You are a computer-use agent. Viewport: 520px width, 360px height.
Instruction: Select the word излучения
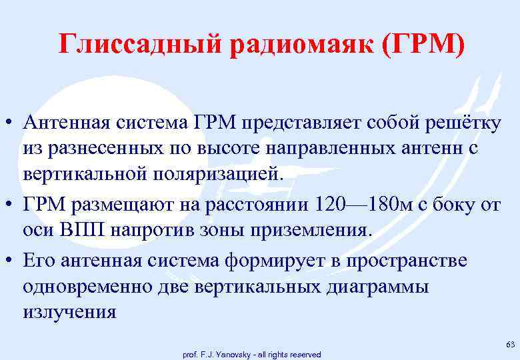tap(69, 311)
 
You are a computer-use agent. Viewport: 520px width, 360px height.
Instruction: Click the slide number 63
tap(510, 344)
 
